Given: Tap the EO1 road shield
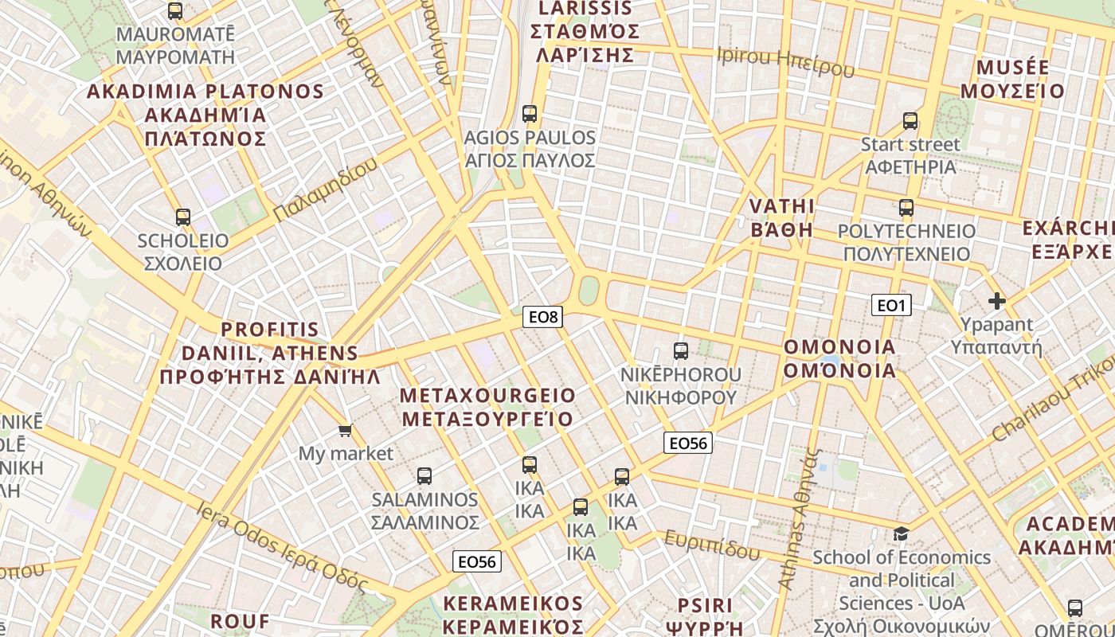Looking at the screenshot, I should click(x=891, y=305).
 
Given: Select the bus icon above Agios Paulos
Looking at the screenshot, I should click(x=530, y=113).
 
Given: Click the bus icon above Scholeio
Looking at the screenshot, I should click(x=183, y=217).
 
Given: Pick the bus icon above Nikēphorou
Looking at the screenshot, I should click(x=681, y=350).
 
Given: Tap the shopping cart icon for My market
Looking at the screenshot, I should click(x=345, y=431).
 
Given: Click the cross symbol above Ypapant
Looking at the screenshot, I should click(x=996, y=301).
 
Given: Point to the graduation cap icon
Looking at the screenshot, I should click(x=901, y=533).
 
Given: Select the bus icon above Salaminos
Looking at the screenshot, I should click(x=424, y=476).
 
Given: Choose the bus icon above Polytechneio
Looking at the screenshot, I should click(x=906, y=208).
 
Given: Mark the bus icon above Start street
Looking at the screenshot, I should click(x=910, y=121).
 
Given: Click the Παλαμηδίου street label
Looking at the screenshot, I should click(x=325, y=190).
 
